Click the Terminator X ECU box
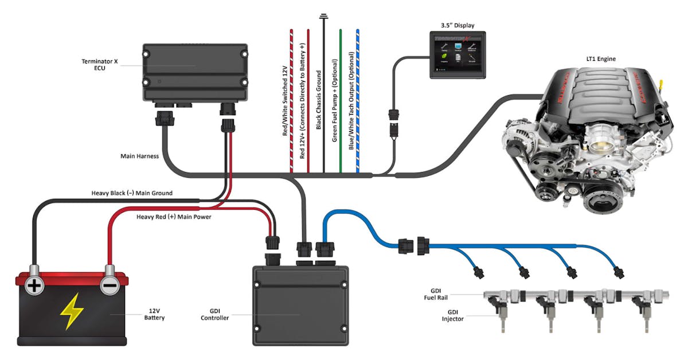195,72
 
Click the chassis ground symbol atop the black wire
324,17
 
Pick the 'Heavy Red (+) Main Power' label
174,217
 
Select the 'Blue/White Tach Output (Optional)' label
351,100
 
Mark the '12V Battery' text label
154,314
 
